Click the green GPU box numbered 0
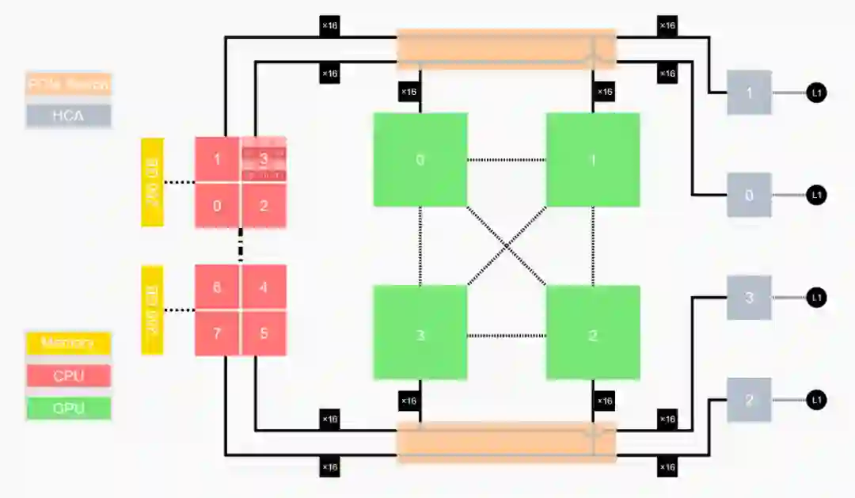point(420,160)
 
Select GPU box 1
point(592,160)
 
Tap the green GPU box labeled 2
point(592,334)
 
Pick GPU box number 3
point(420,334)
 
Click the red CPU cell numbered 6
point(218,287)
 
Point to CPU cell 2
point(264,206)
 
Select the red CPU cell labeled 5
point(264,333)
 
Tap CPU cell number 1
point(218,160)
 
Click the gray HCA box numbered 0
point(749,195)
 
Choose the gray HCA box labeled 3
point(749,298)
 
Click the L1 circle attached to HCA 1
point(817,93)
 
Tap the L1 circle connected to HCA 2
point(817,401)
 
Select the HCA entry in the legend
point(68,116)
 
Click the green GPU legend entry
point(68,409)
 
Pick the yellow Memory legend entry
point(68,344)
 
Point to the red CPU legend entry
point(68,376)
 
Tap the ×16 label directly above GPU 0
point(408,92)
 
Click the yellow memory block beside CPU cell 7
point(152,310)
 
